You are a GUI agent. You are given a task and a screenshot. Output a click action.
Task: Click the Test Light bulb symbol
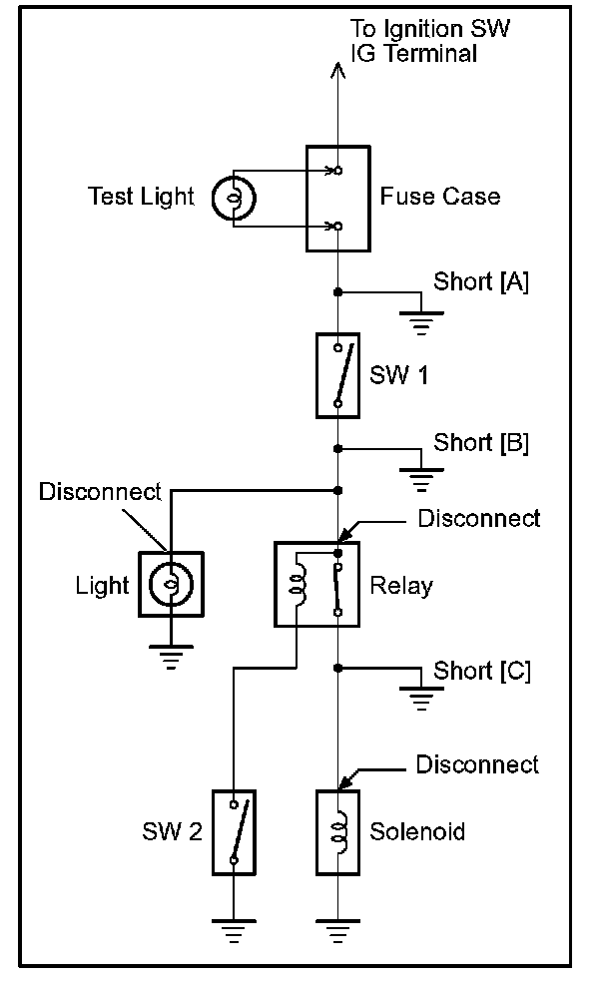pyautogui.click(x=235, y=198)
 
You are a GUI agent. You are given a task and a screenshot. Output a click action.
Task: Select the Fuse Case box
pyautogui.click(x=337, y=199)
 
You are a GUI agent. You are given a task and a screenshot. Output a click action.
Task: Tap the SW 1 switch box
pyautogui.click(x=338, y=376)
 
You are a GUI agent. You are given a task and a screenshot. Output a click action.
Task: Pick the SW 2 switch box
pyautogui.click(x=234, y=832)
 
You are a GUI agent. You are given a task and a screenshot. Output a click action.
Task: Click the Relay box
pyautogui.click(x=316, y=584)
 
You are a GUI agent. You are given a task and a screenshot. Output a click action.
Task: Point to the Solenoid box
pyautogui.click(x=337, y=832)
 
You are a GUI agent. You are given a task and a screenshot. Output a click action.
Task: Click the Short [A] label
pyautogui.click(x=480, y=282)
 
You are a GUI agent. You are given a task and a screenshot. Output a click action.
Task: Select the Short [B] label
pyautogui.click(x=480, y=442)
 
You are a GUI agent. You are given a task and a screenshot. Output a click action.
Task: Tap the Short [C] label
pyautogui.click(x=481, y=671)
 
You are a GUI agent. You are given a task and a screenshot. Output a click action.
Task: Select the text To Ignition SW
pyautogui.click(x=431, y=29)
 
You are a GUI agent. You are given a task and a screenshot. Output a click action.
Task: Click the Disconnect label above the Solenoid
pyautogui.click(x=477, y=764)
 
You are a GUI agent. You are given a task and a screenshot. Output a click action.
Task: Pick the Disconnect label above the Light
pyautogui.click(x=99, y=492)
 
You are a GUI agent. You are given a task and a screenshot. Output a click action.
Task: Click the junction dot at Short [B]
pyautogui.click(x=338, y=449)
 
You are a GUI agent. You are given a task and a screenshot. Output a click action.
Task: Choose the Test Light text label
pyautogui.click(x=141, y=197)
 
